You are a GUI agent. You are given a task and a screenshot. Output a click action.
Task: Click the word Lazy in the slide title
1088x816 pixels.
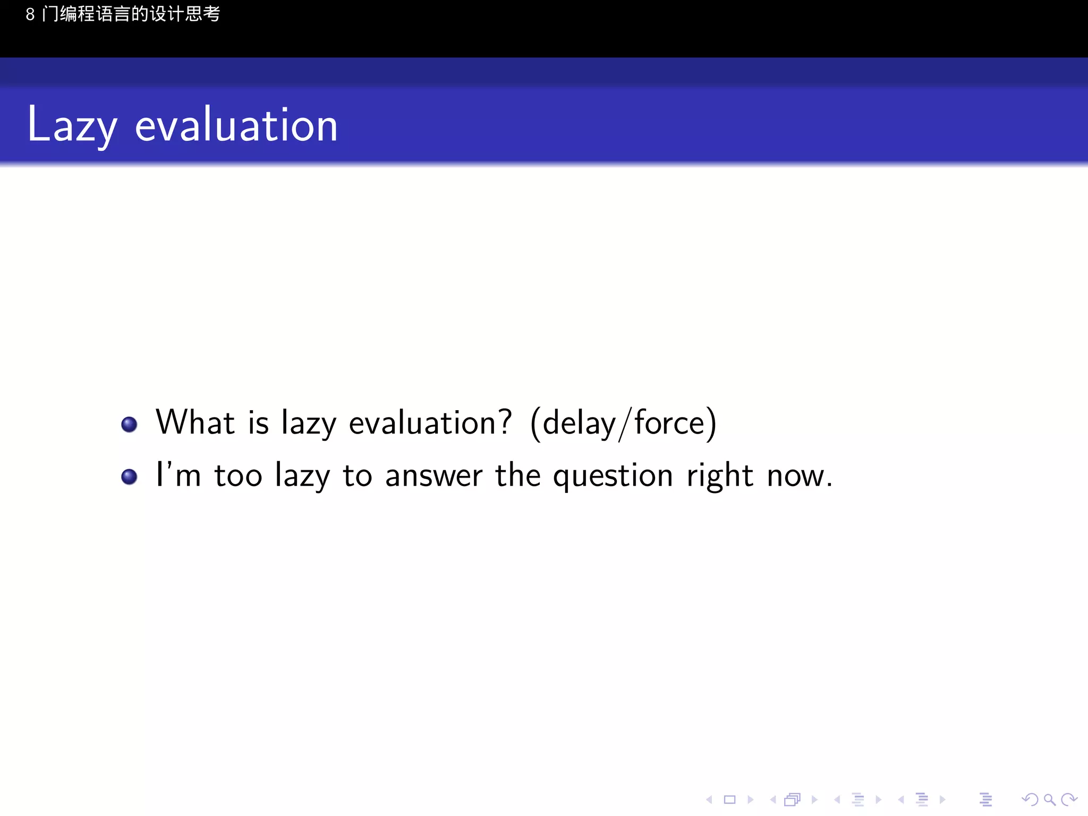pos(72,126)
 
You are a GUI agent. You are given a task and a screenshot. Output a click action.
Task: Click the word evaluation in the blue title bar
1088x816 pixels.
pos(236,126)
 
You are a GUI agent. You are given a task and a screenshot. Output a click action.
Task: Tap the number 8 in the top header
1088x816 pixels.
pos(30,14)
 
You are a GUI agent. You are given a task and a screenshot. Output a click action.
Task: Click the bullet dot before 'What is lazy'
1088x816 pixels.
pos(129,424)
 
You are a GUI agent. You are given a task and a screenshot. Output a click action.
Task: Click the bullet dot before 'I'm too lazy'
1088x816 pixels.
pos(129,477)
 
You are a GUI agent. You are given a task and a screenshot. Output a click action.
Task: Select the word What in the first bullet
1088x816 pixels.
pos(195,423)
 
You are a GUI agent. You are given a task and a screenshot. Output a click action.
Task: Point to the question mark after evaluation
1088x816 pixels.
pos(504,422)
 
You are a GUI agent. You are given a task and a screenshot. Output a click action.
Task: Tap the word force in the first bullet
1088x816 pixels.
pos(669,423)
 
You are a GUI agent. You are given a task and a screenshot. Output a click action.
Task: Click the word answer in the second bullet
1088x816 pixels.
pos(433,475)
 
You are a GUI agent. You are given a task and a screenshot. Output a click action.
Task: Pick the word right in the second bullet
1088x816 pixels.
pos(720,475)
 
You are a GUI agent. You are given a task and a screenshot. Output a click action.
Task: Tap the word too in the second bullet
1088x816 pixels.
pos(239,475)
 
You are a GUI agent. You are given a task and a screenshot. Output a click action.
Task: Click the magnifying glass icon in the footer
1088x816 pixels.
pos(1049,800)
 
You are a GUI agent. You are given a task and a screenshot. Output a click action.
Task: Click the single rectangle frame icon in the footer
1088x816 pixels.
pos(730,800)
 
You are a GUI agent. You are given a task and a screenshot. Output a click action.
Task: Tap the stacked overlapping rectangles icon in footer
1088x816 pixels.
pos(792,800)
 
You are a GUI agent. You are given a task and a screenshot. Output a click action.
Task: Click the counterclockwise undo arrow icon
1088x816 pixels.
pos(1030,800)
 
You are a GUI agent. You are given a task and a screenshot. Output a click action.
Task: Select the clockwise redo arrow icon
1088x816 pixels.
pos(1069,800)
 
